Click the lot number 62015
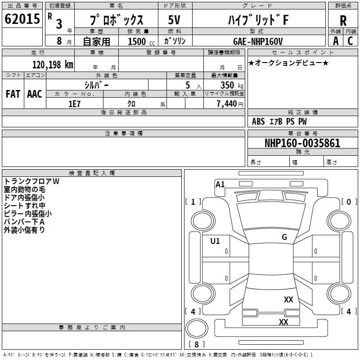point(22,19)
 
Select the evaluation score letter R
point(343,21)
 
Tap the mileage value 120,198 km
point(53,65)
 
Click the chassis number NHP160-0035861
point(302,143)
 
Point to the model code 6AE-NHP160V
point(258,41)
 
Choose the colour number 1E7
point(74,104)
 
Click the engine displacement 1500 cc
point(141,41)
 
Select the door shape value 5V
point(174,20)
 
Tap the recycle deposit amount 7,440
point(227,104)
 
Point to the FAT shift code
point(13,94)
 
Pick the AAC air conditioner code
point(35,94)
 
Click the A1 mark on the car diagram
point(220,184)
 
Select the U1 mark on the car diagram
point(215,241)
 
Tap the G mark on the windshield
point(284,237)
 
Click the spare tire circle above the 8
point(197,328)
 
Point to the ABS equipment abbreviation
point(258,121)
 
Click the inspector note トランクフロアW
point(31,181)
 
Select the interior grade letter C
point(350,41)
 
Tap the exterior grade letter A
point(336,41)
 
